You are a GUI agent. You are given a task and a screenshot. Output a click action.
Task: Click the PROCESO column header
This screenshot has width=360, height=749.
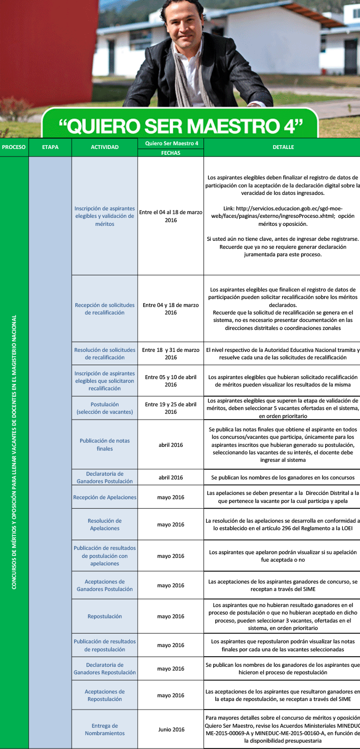(14, 147)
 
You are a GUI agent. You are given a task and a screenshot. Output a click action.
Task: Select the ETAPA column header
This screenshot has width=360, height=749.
(50, 147)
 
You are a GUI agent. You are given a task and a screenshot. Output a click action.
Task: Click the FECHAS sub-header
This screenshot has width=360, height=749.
(171, 153)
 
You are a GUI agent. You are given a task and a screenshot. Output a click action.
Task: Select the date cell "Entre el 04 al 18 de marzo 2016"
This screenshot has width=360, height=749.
(171, 216)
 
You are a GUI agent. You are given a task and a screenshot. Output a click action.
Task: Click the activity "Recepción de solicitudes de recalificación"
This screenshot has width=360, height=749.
(105, 309)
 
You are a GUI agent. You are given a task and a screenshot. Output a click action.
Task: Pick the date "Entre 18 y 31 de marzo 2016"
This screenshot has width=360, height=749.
(171, 353)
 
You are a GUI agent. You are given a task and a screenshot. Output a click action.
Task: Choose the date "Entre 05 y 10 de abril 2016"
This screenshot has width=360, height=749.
(171, 381)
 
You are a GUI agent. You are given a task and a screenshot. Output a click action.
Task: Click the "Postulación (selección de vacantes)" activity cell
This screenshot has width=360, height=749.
(105, 408)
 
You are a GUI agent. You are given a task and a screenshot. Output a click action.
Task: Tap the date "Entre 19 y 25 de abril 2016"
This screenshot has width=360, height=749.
(171, 408)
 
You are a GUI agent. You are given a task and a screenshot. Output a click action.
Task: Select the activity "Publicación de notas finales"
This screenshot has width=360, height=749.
(105, 445)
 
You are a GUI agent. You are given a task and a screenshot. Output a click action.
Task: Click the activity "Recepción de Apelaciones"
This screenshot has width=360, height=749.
(105, 497)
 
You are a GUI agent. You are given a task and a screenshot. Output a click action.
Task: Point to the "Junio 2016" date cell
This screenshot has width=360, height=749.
(171, 729)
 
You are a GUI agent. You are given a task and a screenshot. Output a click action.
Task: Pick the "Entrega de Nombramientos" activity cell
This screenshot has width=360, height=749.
(105, 729)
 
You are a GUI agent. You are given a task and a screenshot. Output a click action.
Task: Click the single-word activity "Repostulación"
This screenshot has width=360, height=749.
(105, 616)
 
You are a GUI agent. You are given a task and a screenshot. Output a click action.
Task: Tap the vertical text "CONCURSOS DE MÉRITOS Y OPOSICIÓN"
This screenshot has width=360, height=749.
(14, 452)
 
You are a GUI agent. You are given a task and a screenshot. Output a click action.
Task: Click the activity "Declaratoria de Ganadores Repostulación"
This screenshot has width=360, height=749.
(105, 668)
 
